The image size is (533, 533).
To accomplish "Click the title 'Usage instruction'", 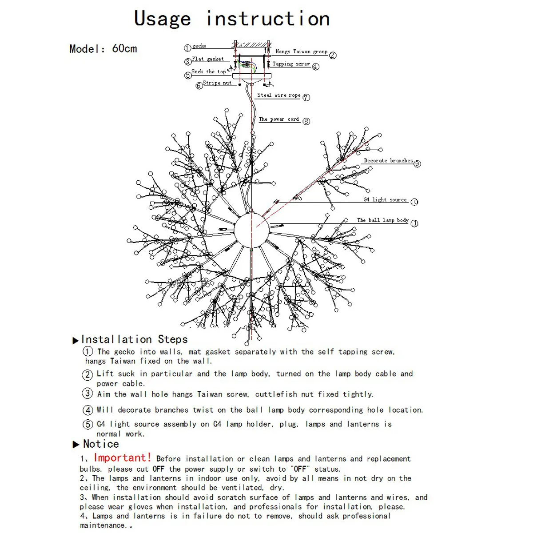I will pyautogui.click(x=232, y=19).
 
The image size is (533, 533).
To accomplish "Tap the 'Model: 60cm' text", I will pyautogui.click(x=103, y=48).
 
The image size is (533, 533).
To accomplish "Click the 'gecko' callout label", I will pyautogui.click(x=199, y=46).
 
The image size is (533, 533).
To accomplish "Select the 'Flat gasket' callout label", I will pyautogui.click(x=208, y=59).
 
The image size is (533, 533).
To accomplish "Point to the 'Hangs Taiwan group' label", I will pyautogui.click(x=301, y=52).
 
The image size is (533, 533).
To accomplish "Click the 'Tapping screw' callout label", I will pyautogui.click(x=291, y=64).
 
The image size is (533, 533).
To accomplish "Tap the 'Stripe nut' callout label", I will pyautogui.click(x=217, y=83).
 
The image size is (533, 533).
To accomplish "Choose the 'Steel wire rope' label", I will pyautogui.click(x=279, y=95).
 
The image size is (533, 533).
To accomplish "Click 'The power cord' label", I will pyautogui.click(x=279, y=119).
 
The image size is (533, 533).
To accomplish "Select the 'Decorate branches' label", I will pyautogui.click(x=388, y=161).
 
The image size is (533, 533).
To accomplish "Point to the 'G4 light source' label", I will pyautogui.click(x=385, y=200).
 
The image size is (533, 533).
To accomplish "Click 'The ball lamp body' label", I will pyautogui.click(x=383, y=220).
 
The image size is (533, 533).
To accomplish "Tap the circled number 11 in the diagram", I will pyautogui.click(x=414, y=223).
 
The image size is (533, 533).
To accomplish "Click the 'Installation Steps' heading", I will pyautogui.click(x=134, y=340).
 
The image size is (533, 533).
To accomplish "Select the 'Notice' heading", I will pyautogui.click(x=101, y=444).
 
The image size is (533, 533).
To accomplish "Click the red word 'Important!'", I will pyautogui.click(x=123, y=458).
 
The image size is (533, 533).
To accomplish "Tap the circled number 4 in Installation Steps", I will pyautogui.click(x=88, y=410).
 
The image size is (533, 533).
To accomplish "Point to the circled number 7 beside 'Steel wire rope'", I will pyautogui.click(x=306, y=97).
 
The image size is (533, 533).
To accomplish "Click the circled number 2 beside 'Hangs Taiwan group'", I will pyautogui.click(x=333, y=56).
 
